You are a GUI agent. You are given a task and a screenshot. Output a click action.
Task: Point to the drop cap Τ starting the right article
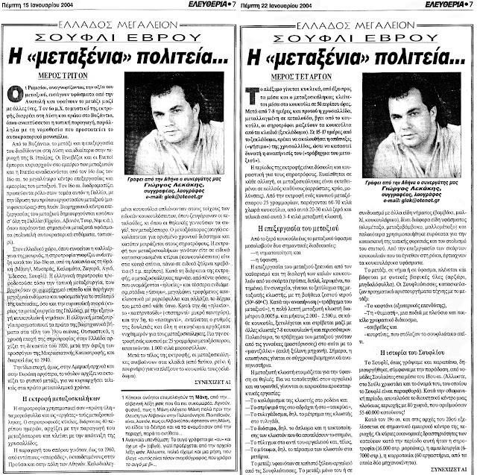(x=253, y=91)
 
